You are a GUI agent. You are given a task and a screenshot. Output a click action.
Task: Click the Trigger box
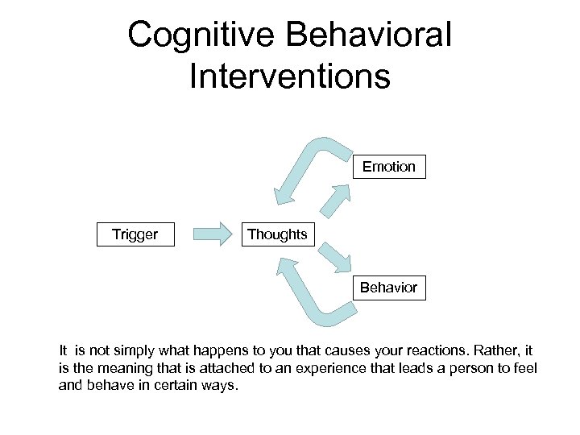pos(135,234)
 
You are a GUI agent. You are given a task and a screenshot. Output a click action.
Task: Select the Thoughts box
pos(277,234)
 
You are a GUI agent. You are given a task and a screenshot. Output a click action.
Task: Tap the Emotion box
pos(389,167)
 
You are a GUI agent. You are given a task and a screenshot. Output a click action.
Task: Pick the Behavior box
pos(389,288)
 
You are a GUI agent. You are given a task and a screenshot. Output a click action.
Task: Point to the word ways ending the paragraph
pos(221,385)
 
